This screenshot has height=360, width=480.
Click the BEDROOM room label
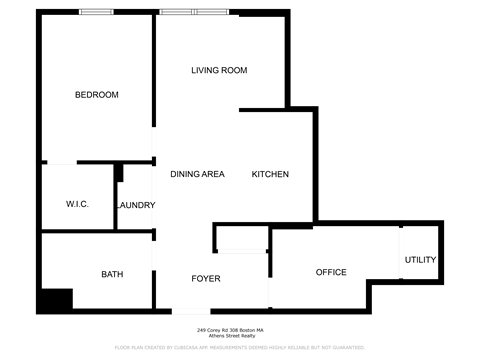[x=97, y=95]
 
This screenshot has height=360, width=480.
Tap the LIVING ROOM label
[x=219, y=70]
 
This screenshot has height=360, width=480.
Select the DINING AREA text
[x=196, y=174]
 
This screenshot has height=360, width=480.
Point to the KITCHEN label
[x=270, y=174]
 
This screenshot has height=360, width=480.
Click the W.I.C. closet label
[x=77, y=204]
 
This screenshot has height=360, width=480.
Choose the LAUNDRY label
[x=135, y=205]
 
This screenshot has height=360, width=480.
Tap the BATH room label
[x=112, y=274]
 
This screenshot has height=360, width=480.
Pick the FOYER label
[x=206, y=278]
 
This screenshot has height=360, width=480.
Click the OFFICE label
[x=331, y=272]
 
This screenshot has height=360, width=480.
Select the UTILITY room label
[x=420, y=260]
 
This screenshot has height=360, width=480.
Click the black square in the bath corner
[x=56, y=299]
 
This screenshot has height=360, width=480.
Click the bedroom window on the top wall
[x=96, y=13]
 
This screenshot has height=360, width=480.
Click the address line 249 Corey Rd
[x=231, y=330]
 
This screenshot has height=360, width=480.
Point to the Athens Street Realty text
[x=231, y=336]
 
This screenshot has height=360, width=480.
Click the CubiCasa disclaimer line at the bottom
[x=240, y=347]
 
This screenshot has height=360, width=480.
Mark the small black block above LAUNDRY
[x=119, y=173]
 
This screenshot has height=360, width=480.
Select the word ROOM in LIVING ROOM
[x=234, y=70]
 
